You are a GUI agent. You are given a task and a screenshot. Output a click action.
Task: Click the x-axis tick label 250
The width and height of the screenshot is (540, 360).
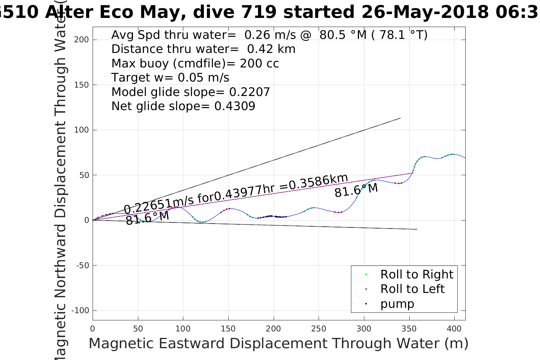click(319, 329)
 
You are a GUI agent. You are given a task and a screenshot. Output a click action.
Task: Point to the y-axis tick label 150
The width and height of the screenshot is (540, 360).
click(82, 85)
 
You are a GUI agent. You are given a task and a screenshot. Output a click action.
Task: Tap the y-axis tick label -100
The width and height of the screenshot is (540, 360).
click(80, 310)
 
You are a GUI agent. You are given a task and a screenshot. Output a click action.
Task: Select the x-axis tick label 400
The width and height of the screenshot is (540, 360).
click(454, 329)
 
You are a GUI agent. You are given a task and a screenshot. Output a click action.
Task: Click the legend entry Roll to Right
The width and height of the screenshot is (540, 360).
click(417, 274)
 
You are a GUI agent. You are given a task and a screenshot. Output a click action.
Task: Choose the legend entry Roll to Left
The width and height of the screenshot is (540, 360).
click(412, 289)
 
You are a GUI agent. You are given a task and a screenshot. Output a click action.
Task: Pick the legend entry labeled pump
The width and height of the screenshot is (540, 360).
click(397, 304)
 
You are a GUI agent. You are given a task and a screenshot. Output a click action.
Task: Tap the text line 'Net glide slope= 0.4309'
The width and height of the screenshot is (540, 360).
click(183, 106)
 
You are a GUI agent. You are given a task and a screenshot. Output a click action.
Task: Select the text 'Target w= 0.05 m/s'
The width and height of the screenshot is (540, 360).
click(170, 78)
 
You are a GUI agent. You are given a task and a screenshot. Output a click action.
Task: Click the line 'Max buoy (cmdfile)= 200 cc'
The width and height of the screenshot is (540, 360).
click(195, 63)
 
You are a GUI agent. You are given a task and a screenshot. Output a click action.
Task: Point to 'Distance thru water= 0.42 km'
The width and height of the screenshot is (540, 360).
click(203, 49)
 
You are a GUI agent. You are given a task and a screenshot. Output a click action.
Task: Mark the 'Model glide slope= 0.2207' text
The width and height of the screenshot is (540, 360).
click(191, 92)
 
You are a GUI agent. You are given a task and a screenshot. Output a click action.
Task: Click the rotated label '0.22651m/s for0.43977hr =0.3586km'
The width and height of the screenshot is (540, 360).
click(236, 194)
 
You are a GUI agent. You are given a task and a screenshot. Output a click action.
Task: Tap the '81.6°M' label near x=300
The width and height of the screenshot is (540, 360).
click(356, 190)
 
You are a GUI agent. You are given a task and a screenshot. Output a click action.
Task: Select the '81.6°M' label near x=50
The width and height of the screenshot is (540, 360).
click(147, 218)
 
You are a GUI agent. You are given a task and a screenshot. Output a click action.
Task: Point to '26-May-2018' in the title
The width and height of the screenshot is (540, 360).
click(425, 12)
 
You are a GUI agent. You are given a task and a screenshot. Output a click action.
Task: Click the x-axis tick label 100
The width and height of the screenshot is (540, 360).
click(183, 329)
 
